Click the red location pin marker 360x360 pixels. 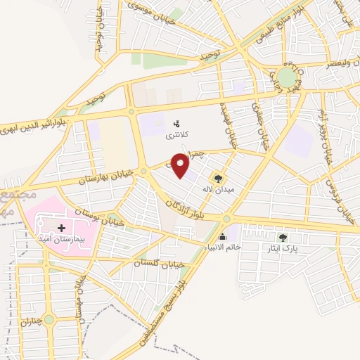coord(181,166)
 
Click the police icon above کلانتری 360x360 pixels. coord(176,124)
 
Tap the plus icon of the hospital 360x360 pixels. coord(63,229)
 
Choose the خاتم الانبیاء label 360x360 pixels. coord(223,247)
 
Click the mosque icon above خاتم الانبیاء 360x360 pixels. coord(223,236)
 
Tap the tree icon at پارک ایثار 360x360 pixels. coord(283,238)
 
